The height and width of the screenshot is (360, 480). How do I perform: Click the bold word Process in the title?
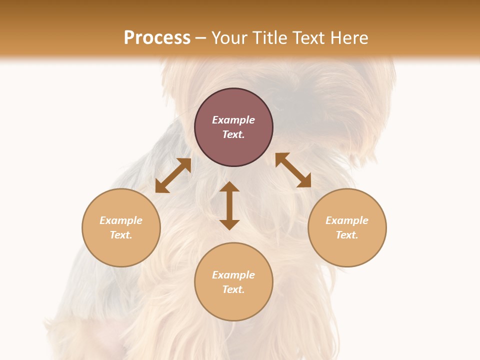pos(157,38)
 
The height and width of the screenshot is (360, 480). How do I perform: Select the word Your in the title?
pos(231,38)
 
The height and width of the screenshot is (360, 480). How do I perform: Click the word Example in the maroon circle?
pos(233,120)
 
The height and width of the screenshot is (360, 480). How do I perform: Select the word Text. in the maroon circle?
pos(233,134)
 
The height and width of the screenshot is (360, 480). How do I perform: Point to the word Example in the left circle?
pos(121,220)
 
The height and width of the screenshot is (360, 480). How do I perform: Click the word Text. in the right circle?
pos(347,235)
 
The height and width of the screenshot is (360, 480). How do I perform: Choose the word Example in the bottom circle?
pos(233,275)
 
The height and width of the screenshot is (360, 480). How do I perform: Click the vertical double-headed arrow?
pos(229,206)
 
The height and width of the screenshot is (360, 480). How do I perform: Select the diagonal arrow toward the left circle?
pos(173,175)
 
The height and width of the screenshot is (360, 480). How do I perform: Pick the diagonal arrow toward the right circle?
pos(293,170)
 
